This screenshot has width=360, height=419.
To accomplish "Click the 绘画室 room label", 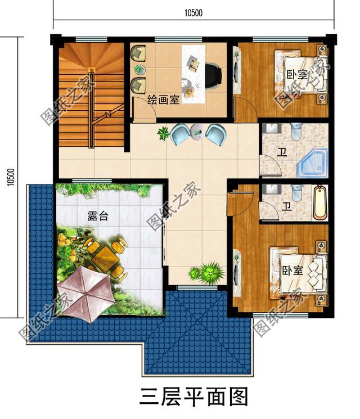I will pos(163,100).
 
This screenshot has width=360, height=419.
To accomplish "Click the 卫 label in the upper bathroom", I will pos(281,152).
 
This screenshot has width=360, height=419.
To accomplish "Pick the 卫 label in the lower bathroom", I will pos(287,206).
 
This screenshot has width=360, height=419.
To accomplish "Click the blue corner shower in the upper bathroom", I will pos(313,162).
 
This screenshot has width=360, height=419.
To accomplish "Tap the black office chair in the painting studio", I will pos(213,76).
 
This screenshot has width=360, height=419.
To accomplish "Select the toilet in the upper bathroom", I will pos(297,133).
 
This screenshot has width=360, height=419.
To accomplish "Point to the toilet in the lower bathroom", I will pos(298,193).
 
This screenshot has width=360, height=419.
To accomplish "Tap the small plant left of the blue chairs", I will pos(164,134).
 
